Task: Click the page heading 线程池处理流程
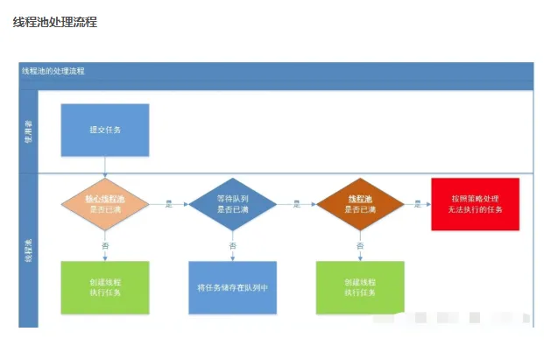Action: pos(54,22)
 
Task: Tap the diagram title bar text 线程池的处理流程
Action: pos(54,70)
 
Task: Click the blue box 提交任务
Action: pos(105,130)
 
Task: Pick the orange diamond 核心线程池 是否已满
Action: pos(105,204)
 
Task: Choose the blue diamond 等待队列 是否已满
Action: pos(233,204)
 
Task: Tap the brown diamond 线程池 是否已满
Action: pos(360,204)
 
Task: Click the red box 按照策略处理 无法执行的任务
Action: pos(475,204)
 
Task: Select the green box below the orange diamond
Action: pos(105,287)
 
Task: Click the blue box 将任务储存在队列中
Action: pos(233,287)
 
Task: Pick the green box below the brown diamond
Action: pos(360,287)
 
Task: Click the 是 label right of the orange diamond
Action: pos(169,203)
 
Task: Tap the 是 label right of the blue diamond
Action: pos(297,203)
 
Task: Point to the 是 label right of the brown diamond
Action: pos(419,203)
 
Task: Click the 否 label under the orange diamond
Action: pos(105,246)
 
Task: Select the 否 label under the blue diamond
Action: pos(233,246)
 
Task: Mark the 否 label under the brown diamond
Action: pos(360,246)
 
